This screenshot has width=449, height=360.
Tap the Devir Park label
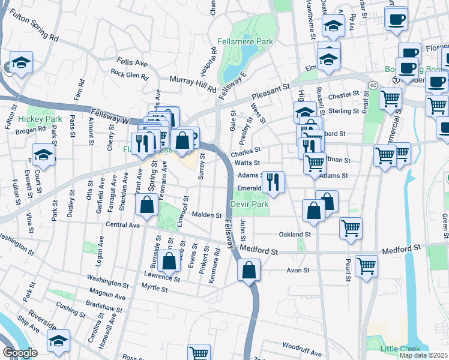(x=249, y=205)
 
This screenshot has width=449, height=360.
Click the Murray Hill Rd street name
(x=192, y=83)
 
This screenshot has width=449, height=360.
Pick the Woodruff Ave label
(x=302, y=346)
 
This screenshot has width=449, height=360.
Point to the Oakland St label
(x=295, y=234)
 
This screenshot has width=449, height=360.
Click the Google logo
(x=20, y=352)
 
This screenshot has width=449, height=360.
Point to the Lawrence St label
(x=162, y=278)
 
